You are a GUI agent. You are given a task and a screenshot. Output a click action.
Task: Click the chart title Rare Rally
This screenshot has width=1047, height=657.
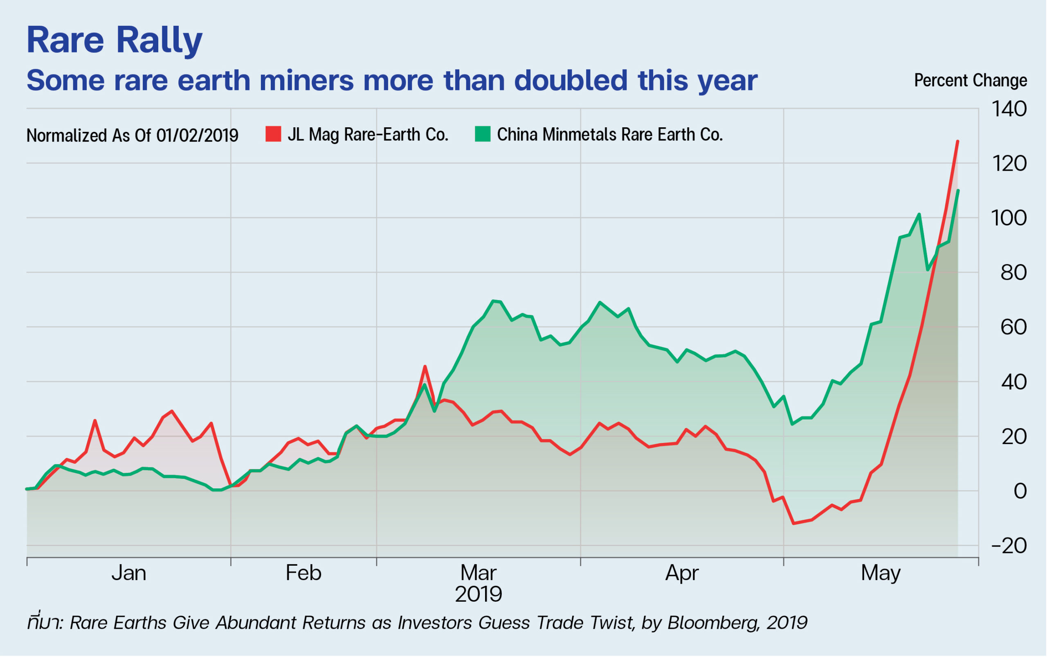pos(114,41)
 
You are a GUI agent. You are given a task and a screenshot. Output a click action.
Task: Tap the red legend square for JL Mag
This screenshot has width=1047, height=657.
pos(273,134)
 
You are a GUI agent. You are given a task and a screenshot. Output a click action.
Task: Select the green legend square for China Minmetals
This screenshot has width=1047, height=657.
pos(483,134)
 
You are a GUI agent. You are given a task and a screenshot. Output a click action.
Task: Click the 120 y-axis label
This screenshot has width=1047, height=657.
pos(1010,164)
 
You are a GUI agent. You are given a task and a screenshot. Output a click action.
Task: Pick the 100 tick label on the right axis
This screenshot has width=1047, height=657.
pos(1010,218)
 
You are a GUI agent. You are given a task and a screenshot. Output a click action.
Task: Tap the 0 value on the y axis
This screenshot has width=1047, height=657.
pos(1020,491)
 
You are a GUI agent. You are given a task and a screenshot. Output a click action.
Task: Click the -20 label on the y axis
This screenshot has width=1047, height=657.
pos(1010,546)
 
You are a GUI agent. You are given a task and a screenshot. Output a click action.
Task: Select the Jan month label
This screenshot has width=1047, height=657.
pos(129,573)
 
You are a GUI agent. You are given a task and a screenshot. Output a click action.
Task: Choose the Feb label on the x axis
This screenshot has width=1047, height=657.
pos(303,573)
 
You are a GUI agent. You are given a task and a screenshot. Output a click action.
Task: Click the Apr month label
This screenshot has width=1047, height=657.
pos(682,573)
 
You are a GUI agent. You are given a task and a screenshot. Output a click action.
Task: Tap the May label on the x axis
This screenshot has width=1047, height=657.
pos(881,573)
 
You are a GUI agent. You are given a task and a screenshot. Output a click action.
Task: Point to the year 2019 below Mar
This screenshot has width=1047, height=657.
pos(479,594)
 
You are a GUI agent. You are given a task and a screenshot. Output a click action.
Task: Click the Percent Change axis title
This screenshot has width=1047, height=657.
pos(971,80)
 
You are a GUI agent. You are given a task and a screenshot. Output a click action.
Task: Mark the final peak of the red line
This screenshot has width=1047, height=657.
pos(957,142)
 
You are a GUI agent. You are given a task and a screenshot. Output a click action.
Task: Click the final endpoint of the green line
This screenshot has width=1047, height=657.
pos(958,191)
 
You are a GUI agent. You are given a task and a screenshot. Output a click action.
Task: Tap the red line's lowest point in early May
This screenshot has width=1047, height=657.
pos(794,524)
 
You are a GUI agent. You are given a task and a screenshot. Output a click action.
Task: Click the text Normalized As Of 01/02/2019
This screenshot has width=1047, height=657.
pos(133,135)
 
